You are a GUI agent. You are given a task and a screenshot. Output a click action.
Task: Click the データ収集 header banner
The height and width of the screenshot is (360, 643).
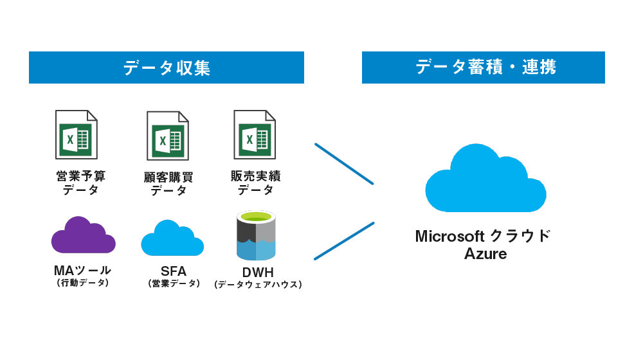coord(166,67)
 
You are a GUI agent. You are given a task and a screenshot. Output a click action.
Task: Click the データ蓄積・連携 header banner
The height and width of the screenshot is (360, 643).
coord(483,67)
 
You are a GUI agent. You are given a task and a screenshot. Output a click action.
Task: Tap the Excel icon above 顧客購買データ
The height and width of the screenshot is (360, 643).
coord(168,135)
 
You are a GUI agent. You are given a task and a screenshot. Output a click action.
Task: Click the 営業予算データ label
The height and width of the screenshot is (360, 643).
coord(81,183)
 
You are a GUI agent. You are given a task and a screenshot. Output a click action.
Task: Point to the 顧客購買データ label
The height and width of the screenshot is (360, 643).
coord(168,183)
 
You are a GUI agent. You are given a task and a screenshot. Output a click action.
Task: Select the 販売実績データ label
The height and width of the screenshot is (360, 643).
coord(255,183)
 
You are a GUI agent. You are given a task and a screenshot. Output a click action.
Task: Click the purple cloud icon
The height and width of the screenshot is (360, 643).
coord(83,237)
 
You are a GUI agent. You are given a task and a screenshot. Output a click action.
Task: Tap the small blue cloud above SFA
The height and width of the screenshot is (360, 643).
coord(172,239)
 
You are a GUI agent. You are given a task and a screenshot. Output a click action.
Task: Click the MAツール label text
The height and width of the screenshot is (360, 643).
coord(82,271)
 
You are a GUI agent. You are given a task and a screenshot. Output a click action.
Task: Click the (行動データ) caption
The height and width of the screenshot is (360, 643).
coord(82,283)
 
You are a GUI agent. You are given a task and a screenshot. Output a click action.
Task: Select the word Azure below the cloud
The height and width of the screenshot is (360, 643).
coord(485,254)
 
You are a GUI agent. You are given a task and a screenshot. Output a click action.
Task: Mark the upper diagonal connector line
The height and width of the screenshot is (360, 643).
coord(344,164)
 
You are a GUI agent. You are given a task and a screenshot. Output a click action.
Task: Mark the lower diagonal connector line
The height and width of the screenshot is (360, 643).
coord(344,241)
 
